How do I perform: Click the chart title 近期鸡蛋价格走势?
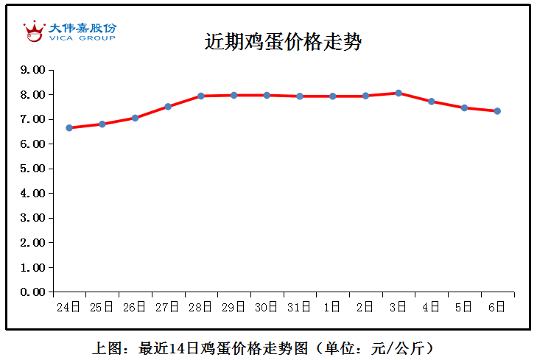(x=283, y=42)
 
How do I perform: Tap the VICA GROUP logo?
(x=69, y=31)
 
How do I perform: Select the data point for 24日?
(x=69, y=127)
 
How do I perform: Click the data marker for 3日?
(x=399, y=93)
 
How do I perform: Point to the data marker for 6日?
(x=497, y=111)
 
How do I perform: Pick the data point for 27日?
(x=168, y=107)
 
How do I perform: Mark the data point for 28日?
(x=201, y=96)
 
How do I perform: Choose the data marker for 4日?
(x=432, y=101)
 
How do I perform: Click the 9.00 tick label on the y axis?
(x=33, y=70)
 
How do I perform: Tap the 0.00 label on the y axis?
(x=33, y=292)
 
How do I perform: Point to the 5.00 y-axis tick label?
(x=33, y=169)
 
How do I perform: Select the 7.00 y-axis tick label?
(x=33, y=119)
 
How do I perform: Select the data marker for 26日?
(x=135, y=118)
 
